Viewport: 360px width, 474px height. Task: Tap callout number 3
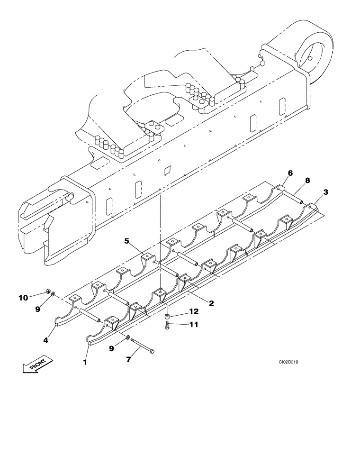tap(325, 192)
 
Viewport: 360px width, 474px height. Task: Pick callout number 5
tap(127, 241)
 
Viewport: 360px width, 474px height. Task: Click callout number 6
tap(290, 173)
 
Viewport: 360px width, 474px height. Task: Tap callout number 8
tap(307, 181)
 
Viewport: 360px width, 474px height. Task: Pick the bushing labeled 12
tap(167, 315)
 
